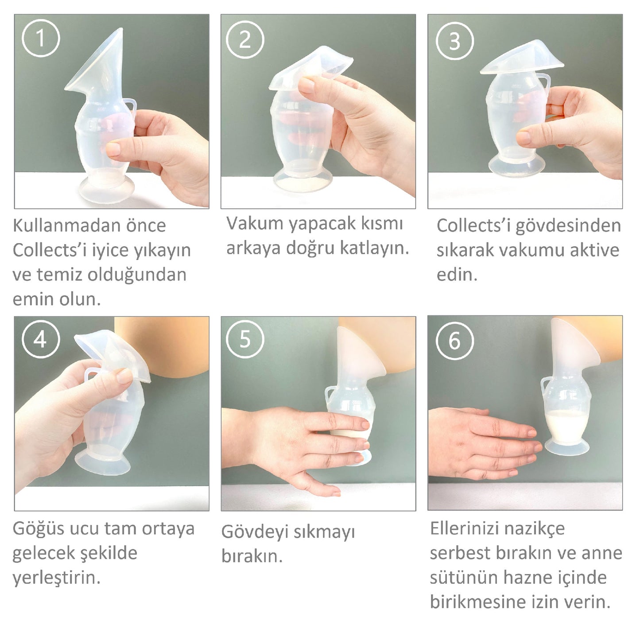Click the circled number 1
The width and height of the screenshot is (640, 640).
point(41,38)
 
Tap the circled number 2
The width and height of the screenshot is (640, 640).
point(245,40)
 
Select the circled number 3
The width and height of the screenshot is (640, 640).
point(455,41)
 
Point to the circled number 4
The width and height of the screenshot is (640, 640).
point(41,339)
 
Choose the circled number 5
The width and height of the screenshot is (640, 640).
point(245,339)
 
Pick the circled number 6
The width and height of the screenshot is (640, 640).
point(455,341)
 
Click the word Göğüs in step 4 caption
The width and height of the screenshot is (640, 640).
point(38,529)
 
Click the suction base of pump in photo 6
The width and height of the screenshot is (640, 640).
point(567,448)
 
